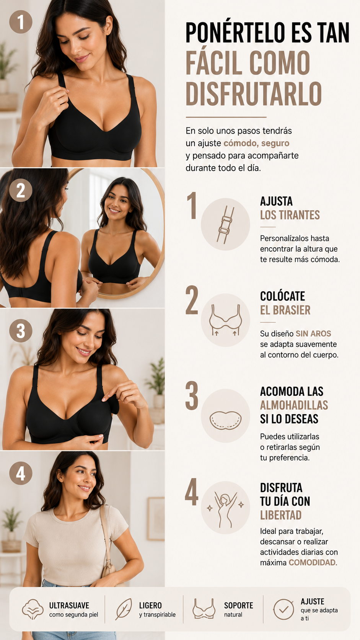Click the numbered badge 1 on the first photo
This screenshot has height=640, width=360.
[x=21, y=22]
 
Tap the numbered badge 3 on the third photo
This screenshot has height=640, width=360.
[x=21, y=331]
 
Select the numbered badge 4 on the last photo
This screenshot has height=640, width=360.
[x=21, y=473]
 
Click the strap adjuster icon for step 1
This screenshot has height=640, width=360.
[x=226, y=224]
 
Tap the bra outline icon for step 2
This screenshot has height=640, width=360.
[x=226, y=320]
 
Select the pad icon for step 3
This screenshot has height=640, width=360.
[x=226, y=420]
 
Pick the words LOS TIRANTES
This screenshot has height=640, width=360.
[x=290, y=215]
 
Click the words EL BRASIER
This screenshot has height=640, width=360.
[x=285, y=310]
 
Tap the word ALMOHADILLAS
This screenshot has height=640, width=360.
[x=294, y=405]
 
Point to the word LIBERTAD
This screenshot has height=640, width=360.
[x=281, y=515]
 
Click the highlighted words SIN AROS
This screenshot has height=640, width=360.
[x=313, y=333]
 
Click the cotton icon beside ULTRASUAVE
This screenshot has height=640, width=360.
[x=33, y=609]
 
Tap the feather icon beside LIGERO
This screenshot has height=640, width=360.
[x=124, y=609]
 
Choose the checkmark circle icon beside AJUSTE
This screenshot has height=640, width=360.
[x=283, y=609]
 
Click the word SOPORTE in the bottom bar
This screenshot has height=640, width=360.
[x=238, y=605]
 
